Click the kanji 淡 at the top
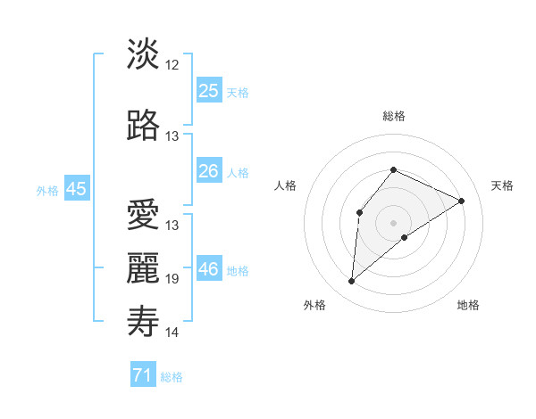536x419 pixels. (143, 55)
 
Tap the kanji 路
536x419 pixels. (143, 126)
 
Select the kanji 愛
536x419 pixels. (143, 215)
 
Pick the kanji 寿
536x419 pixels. (143, 320)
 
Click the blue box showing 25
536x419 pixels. (209, 90)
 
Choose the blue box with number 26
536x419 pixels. (209, 171)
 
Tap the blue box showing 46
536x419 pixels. (209, 268)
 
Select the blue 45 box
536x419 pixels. (76, 189)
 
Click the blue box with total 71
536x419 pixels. (143, 375)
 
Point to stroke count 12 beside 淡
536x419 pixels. (172, 65)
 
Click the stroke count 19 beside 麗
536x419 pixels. (172, 279)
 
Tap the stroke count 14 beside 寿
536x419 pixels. (172, 333)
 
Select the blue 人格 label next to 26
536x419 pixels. (238, 172)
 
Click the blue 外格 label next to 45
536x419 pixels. (47, 190)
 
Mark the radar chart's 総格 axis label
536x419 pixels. (393, 116)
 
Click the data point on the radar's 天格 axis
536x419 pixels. (461, 201)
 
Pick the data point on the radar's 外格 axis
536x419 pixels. (352, 282)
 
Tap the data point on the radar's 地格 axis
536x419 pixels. (405, 237)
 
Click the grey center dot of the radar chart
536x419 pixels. (393, 222)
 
